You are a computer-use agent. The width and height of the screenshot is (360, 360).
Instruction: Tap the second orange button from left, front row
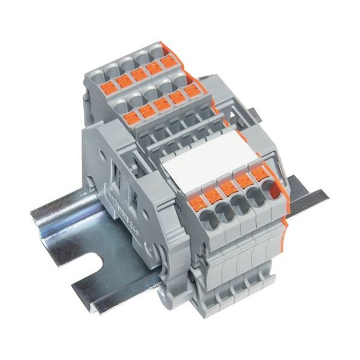pos(214,194)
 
